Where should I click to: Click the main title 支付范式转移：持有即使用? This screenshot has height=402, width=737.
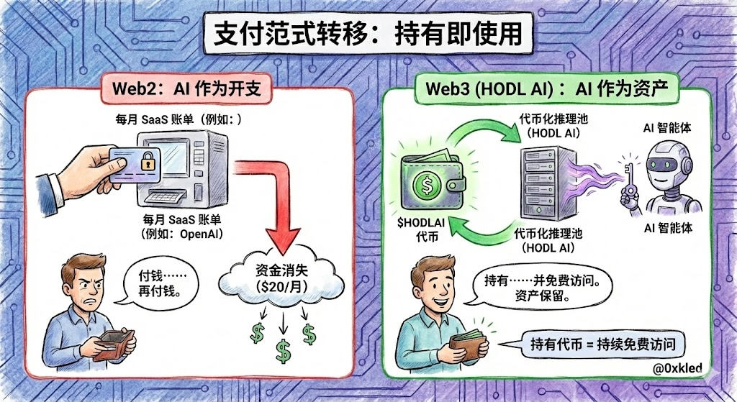coord(368,35)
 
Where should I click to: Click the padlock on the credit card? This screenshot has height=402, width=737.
coord(148,160)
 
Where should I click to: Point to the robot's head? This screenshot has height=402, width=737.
coord(670,162)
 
